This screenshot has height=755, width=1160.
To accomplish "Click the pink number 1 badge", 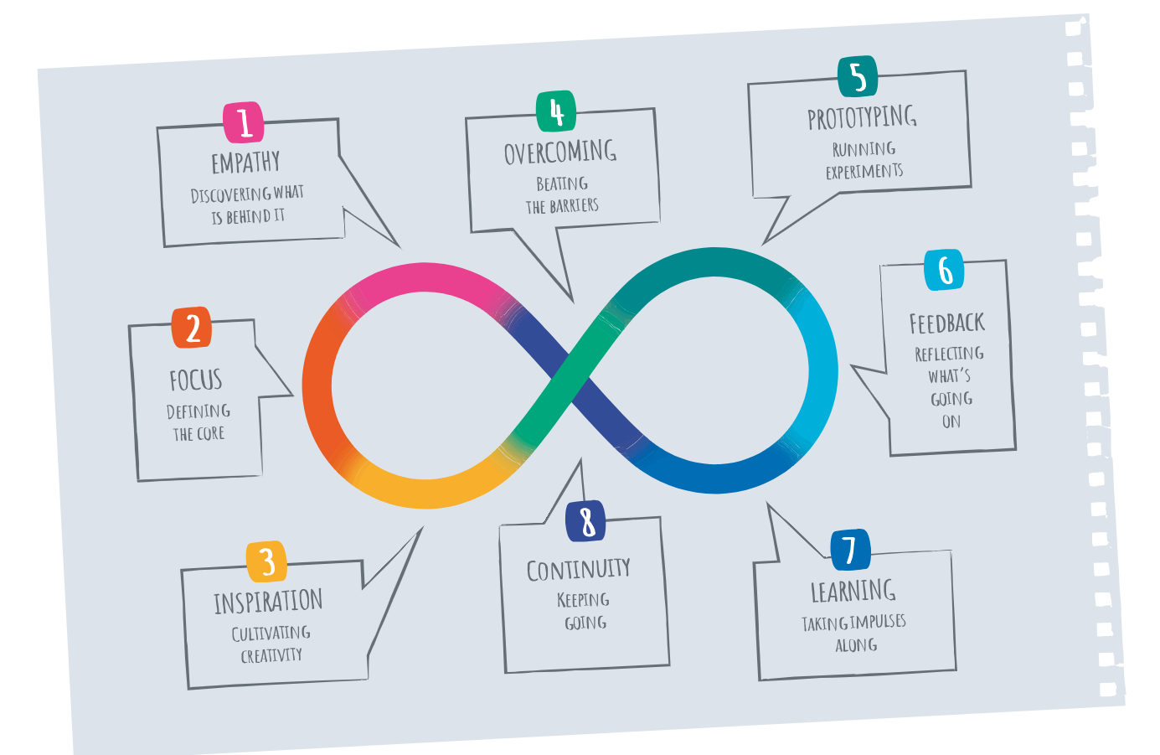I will pyautogui.click(x=244, y=122).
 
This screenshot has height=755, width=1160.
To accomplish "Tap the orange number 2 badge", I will pyautogui.click(x=192, y=328).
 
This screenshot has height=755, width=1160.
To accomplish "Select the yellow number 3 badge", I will pyautogui.click(x=266, y=561).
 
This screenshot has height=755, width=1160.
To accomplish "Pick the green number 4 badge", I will pyautogui.click(x=556, y=111).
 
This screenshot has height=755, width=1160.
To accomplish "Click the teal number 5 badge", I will pyautogui.click(x=858, y=76).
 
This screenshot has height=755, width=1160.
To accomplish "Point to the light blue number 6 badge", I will pyautogui.click(x=945, y=270).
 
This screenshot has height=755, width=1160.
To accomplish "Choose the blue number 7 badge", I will pyautogui.click(x=849, y=550).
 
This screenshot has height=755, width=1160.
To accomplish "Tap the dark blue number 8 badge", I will pyautogui.click(x=585, y=521).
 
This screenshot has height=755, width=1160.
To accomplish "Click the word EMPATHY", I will pyautogui.click(x=245, y=163).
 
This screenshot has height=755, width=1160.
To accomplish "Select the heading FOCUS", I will pyautogui.click(x=196, y=380).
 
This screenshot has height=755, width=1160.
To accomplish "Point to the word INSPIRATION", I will pyautogui.click(x=268, y=602).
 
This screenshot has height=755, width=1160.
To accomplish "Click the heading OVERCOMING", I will pyautogui.click(x=560, y=153).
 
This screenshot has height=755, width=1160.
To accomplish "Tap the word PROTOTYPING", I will pyautogui.click(x=862, y=117).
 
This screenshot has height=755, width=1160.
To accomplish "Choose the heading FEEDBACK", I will pyautogui.click(x=947, y=323).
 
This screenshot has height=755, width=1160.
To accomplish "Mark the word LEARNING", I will pyautogui.click(x=853, y=591).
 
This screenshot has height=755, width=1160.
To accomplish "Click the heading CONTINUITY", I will pyautogui.click(x=579, y=570).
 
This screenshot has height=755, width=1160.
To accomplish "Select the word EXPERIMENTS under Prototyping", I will pyautogui.click(x=864, y=172).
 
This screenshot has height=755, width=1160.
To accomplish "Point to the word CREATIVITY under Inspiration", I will pyautogui.click(x=271, y=655).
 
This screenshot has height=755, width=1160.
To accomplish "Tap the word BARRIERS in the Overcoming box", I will pyautogui.click(x=574, y=205).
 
